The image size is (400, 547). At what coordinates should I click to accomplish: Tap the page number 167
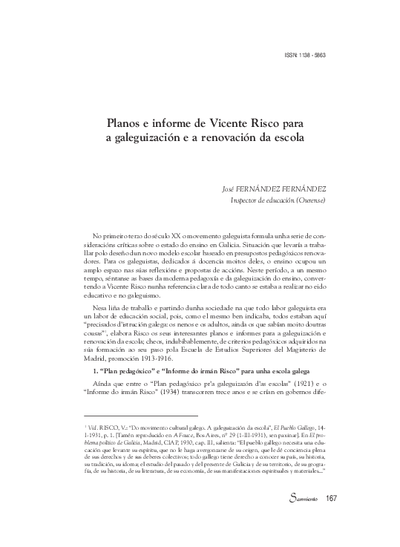click(x=331, y=519)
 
